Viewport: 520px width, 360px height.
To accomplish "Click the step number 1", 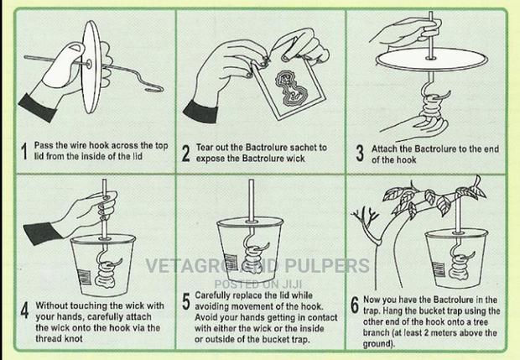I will [25, 152].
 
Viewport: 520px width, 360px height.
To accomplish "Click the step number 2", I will [185, 153].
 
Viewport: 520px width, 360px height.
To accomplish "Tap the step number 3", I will [359, 152].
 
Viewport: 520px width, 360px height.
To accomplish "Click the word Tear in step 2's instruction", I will [206, 146].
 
